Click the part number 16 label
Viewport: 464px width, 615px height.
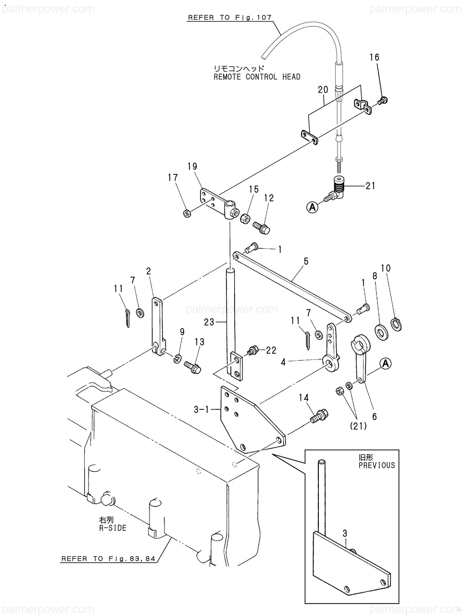click(374, 58)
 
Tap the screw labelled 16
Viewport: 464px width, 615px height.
click(383, 100)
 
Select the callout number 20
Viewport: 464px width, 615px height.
click(323, 90)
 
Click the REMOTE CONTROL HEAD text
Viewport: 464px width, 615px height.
click(257, 77)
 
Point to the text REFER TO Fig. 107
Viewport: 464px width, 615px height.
click(230, 17)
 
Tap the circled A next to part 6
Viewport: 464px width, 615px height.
click(386, 364)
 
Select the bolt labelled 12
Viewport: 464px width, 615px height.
click(261, 228)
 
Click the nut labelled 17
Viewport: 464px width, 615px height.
click(187, 214)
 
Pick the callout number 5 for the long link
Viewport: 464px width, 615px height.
click(306, 261)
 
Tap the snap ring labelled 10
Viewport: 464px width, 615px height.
click(396, 324)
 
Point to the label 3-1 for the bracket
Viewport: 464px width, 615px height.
click(201, 410)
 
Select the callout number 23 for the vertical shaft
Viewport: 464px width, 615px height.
click(209, 322)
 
